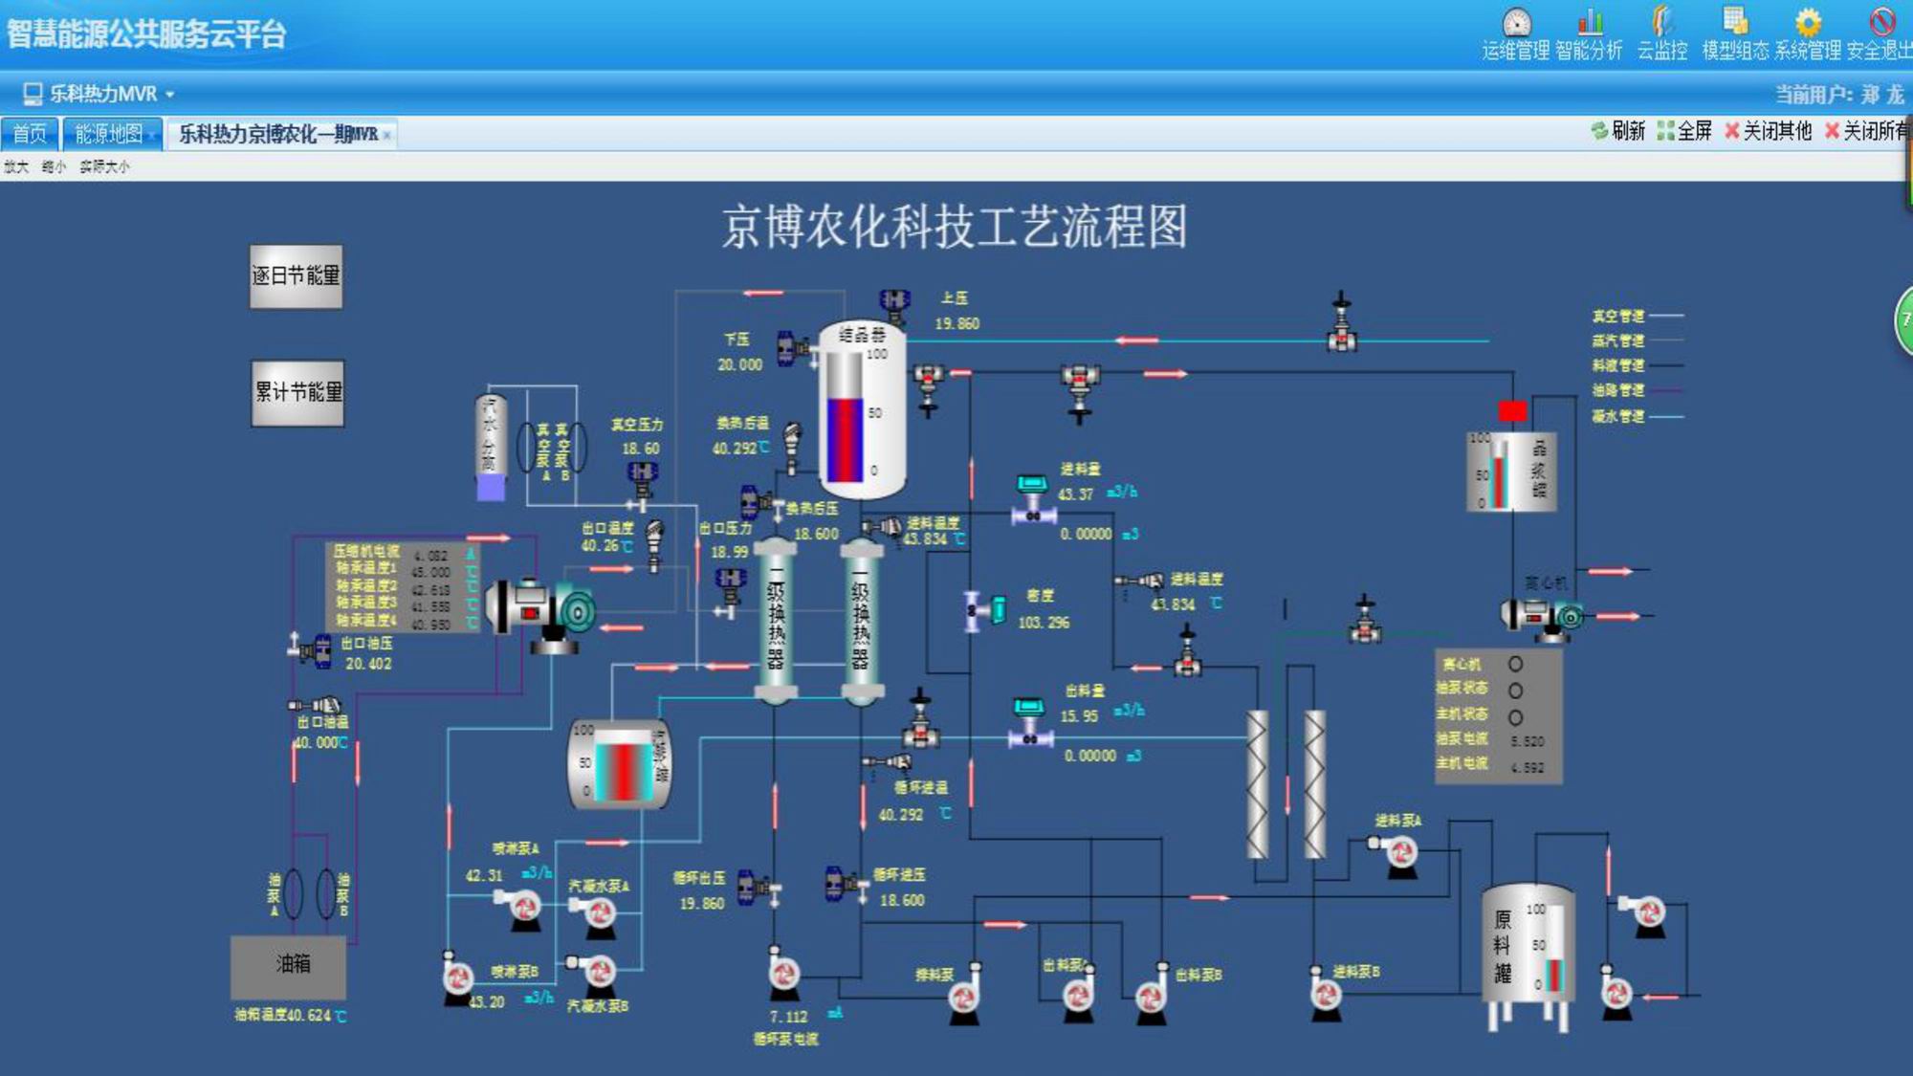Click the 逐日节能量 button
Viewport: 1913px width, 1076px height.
(296, 276)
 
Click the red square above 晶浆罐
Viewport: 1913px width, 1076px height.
(1512, 411)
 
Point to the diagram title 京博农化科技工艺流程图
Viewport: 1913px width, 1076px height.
(954, 227)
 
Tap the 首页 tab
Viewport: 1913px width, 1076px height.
(30, 133)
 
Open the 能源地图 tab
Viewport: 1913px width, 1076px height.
(110, 133)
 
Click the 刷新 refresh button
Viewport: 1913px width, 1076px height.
(1618, 131)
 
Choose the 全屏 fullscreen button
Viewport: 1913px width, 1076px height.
(1684, 131)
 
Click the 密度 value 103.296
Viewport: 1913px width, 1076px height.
(1044, 623)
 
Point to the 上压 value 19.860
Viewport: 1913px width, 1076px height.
(956, 324)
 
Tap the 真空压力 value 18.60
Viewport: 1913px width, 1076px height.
(640, 449)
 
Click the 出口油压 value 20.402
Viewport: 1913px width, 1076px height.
(368, 664)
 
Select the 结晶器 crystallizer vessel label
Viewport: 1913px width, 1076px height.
(862, 334)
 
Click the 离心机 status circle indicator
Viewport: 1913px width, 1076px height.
(1515, 664)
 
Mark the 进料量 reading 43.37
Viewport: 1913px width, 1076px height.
(1076, 494)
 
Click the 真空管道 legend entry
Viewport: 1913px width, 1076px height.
(1618, 317)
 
